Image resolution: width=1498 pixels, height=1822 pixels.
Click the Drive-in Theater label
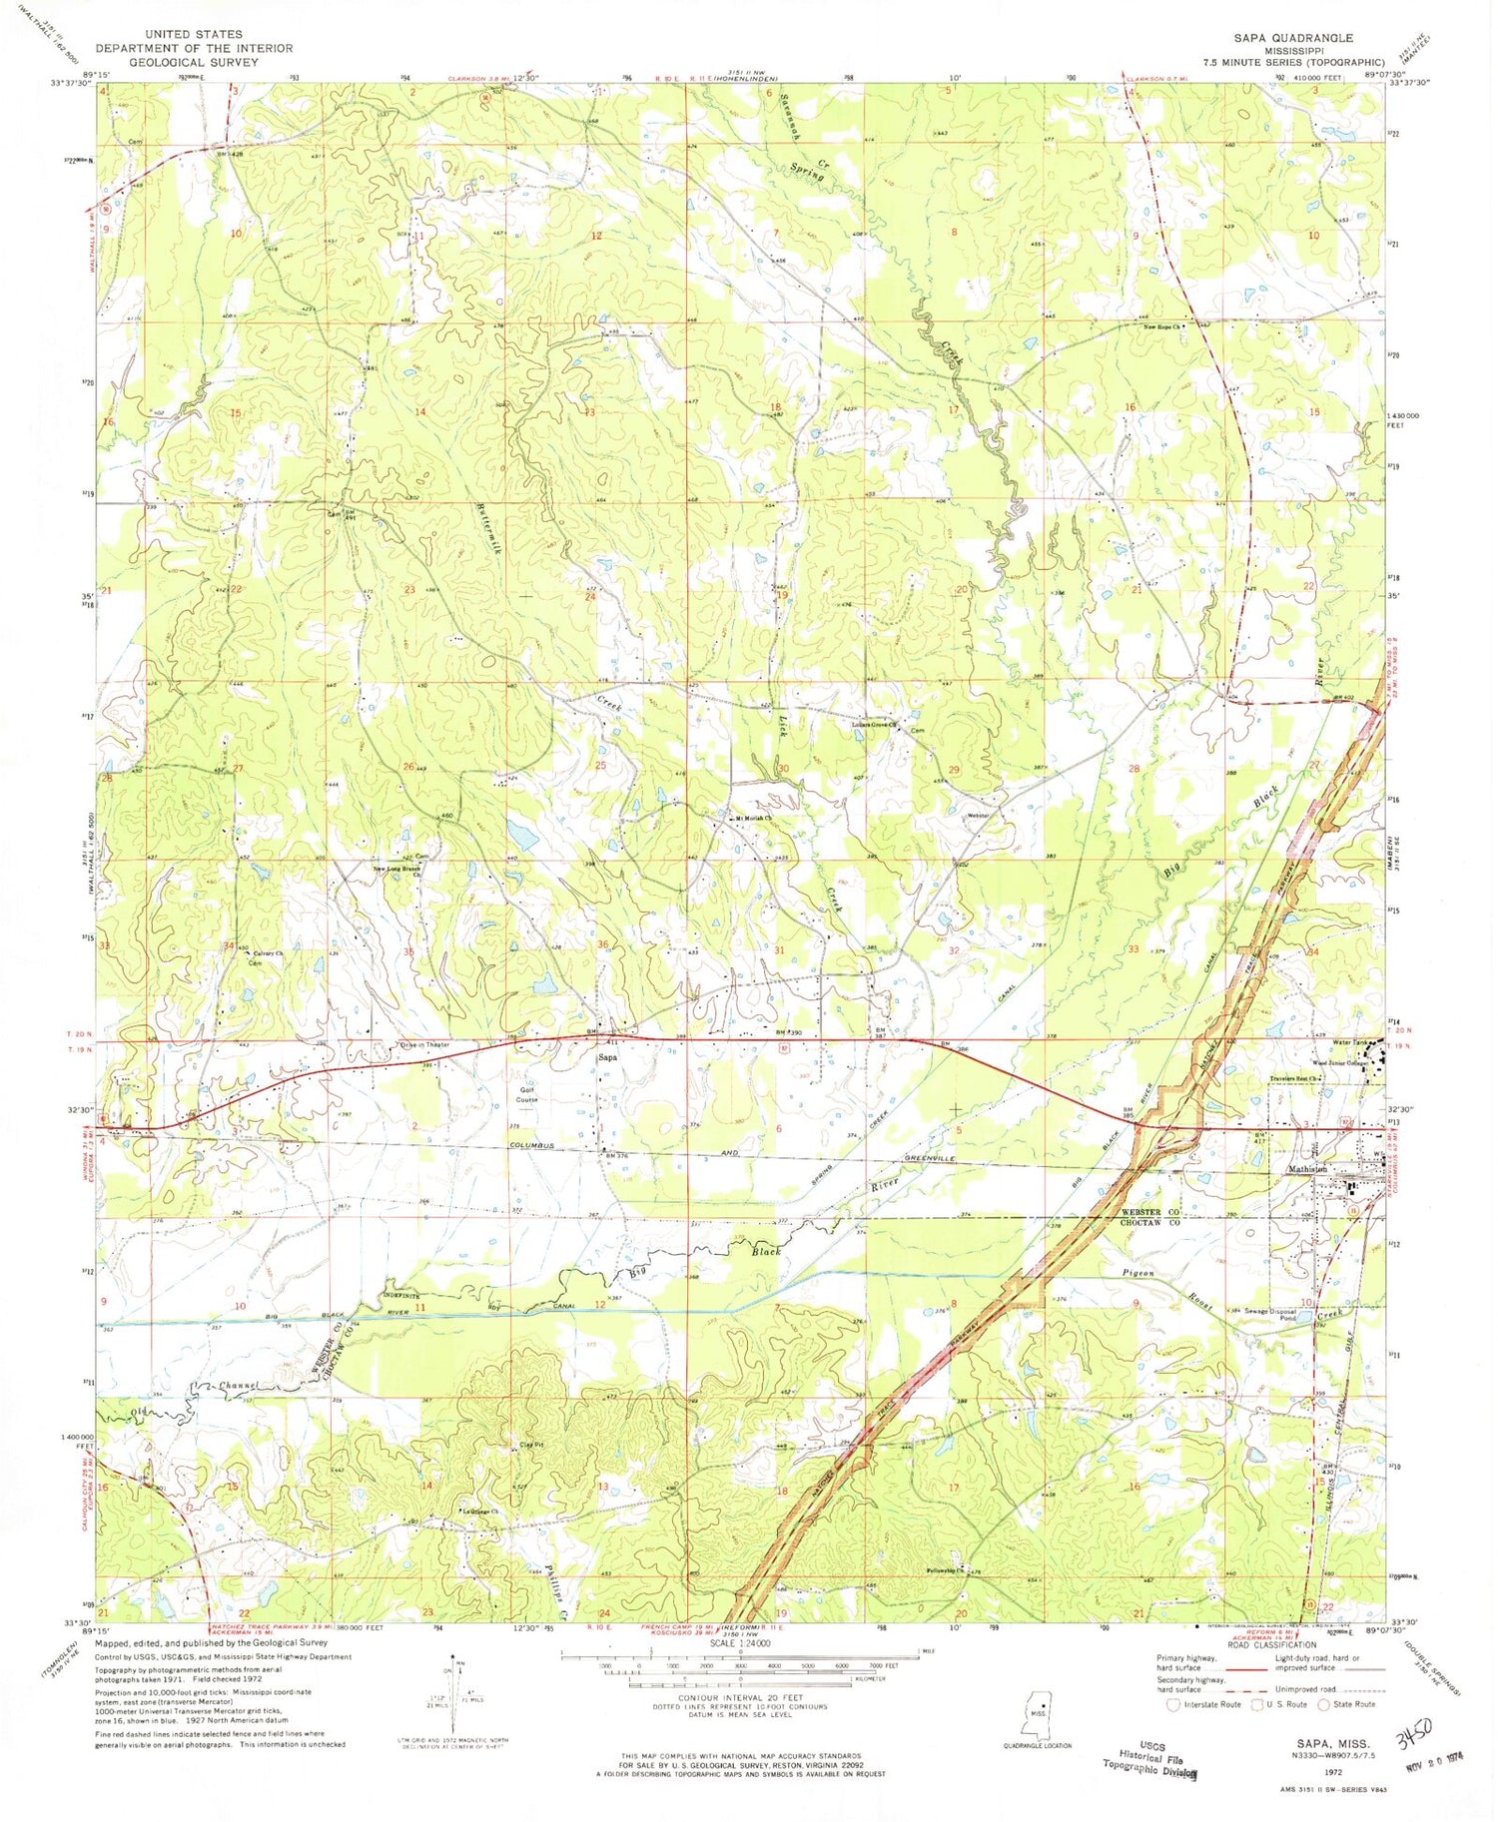(424, 1044)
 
